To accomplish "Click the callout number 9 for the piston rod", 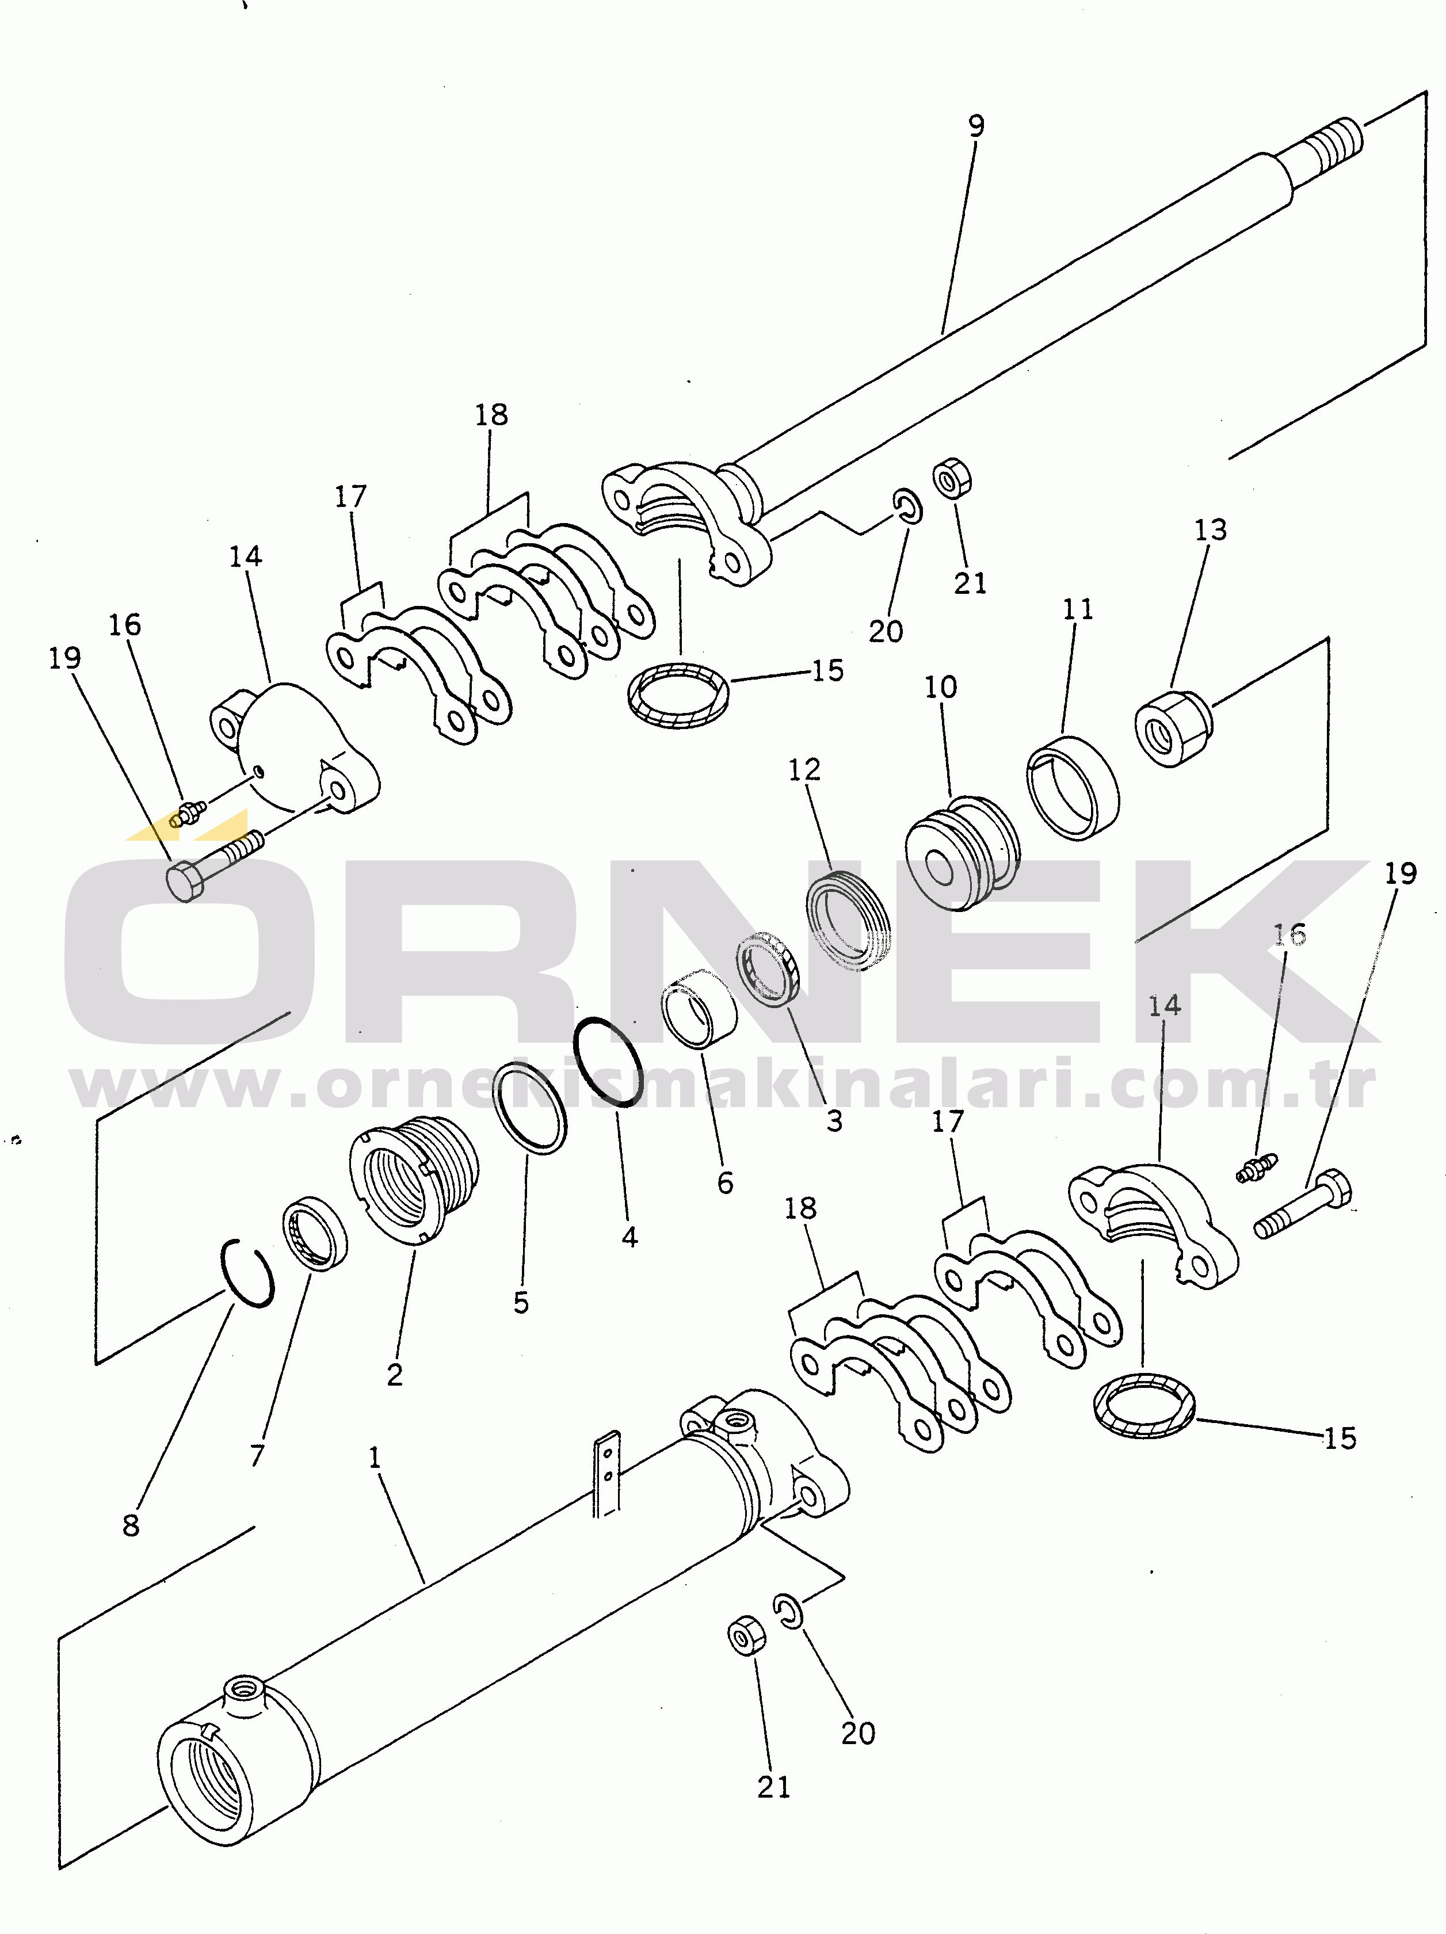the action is point(976,126).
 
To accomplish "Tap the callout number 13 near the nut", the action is point(1211,530).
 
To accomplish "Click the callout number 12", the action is point(804,769).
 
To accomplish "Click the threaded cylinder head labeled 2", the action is point(414,1180).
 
